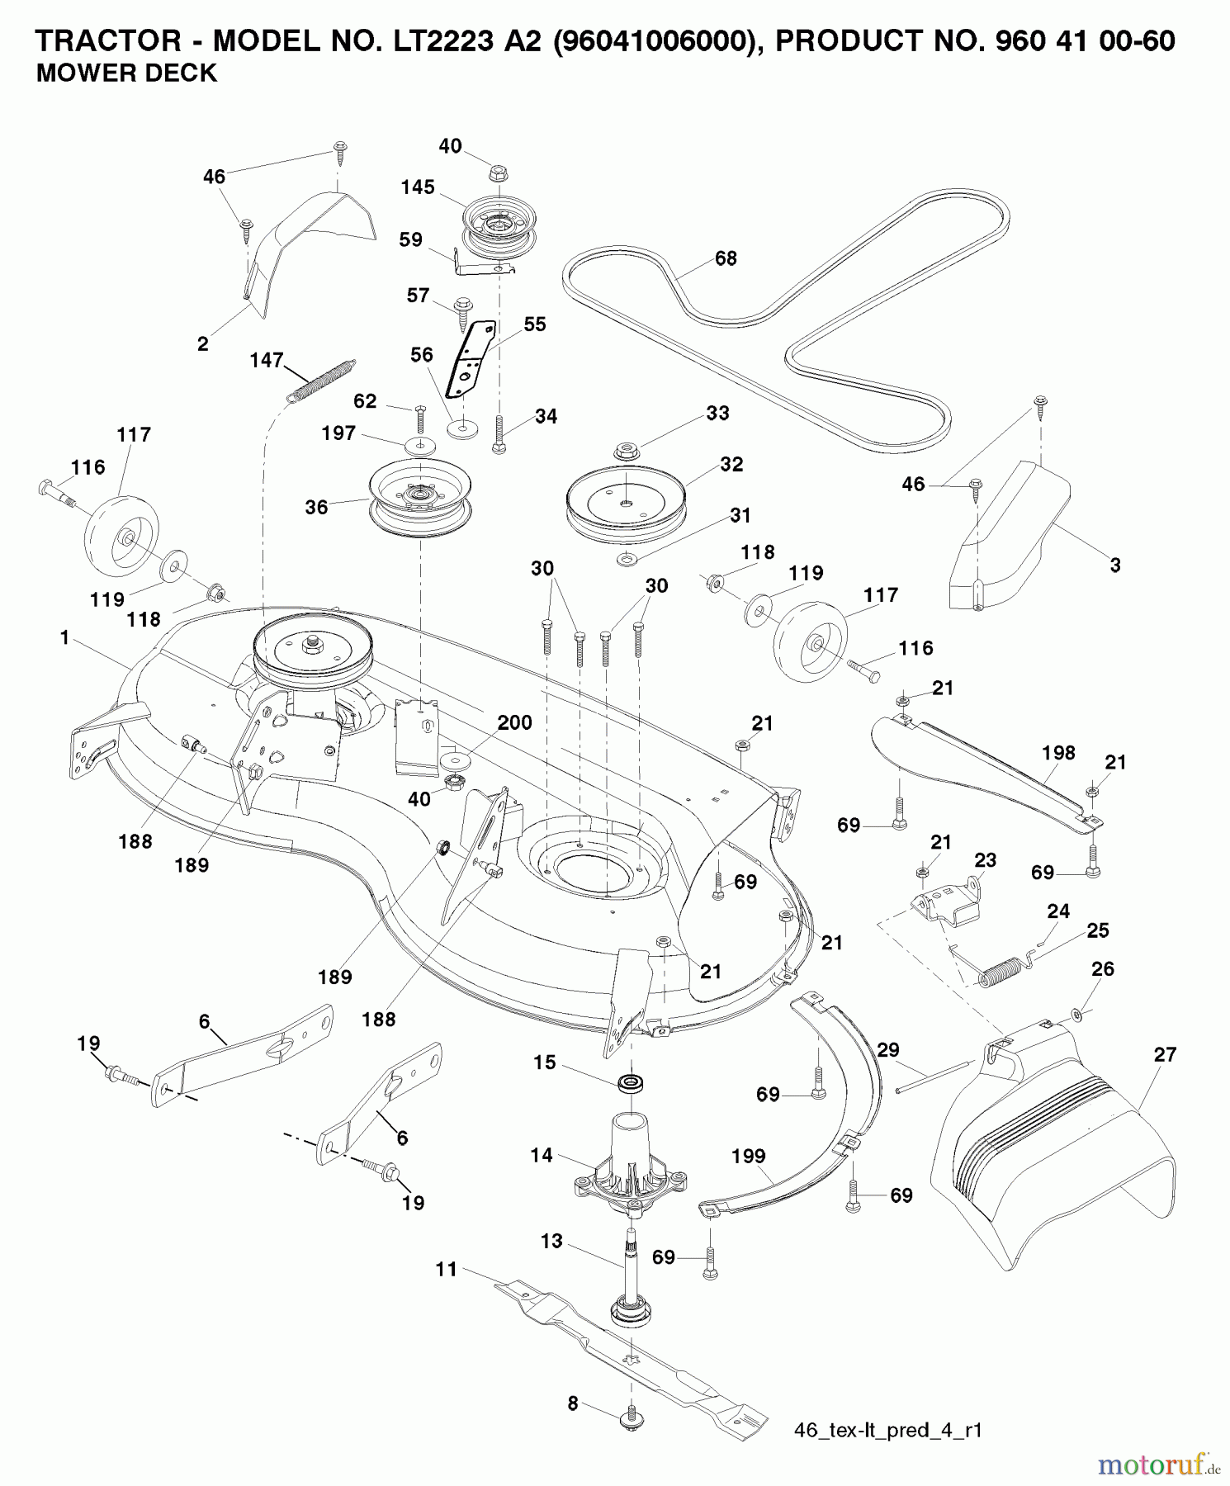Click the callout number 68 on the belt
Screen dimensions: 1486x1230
click(x=726, y=258)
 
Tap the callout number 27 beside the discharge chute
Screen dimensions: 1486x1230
click(x=1165, y=1054)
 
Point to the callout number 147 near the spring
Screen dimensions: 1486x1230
click(x=267, y=361)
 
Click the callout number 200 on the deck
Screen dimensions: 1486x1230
click(x=514, y=722)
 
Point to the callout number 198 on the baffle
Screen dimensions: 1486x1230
click(x=1058, y=753)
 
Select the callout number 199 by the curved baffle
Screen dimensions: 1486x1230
click(x=748, y=1157)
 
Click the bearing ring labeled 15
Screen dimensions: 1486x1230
click(x=633, y=1082)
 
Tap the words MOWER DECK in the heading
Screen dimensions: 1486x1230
click(x=126, y=73)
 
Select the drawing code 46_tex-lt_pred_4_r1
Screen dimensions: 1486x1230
click(x=887, y=1429)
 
